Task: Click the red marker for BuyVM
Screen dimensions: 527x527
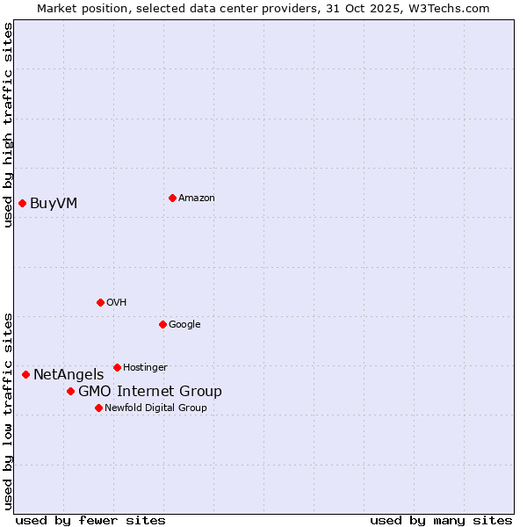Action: click(x=22, y=204)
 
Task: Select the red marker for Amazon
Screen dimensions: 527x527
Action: click(x=172, y=198)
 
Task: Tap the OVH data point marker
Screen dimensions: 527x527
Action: click(x=100, y=302)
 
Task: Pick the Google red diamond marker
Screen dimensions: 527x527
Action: click(x=162, y=324)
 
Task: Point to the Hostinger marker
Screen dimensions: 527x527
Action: click(x=117, y=367)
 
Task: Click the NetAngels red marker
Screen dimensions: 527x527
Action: click(x=25, y=374)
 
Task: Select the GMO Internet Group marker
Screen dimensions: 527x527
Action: click(x=70, y=391)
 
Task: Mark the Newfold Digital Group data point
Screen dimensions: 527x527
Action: click(x=98, y=408)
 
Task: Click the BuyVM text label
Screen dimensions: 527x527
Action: click(x=54, y=204)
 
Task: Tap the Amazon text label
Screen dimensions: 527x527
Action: click(x=196, y=199)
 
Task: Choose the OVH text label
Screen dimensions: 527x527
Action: click(x=117, y=303)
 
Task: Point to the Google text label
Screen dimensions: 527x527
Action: click(x=184, y=325)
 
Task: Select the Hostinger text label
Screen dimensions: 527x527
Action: click(x=145, y=368)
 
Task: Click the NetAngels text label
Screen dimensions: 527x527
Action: click(x=69, y=375)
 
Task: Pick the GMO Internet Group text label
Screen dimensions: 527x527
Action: click(x=150, y=392)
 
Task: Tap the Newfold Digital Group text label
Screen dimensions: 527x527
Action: click(x=155, y=408)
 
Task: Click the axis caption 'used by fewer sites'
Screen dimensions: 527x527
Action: click(x=90, y=520)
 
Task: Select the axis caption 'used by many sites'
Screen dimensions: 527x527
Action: click(x=441, y=520)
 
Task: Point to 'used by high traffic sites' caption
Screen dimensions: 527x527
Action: click(x=8, y=125)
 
